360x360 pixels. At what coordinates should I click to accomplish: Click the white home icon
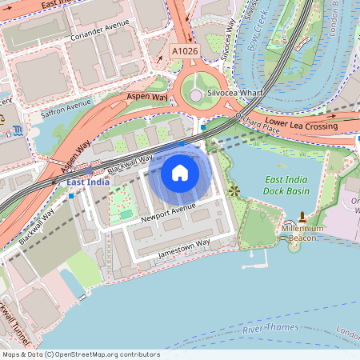(x=179, y=172)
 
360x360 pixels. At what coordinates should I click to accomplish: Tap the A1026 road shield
(x=184, y=50)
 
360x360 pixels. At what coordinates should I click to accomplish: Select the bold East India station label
(x=88, y=182)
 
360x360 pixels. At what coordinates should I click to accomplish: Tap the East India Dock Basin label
(x=287, y=186)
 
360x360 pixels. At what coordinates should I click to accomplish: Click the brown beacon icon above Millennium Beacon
(x=302, y=217)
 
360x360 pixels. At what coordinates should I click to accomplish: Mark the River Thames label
(x=270, y=328)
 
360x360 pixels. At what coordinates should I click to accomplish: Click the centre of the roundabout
(x=196, y=95)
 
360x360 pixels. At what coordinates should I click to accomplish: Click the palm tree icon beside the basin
(x=234, y=190)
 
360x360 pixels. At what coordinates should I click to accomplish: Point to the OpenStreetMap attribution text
(x=81, y=354)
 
